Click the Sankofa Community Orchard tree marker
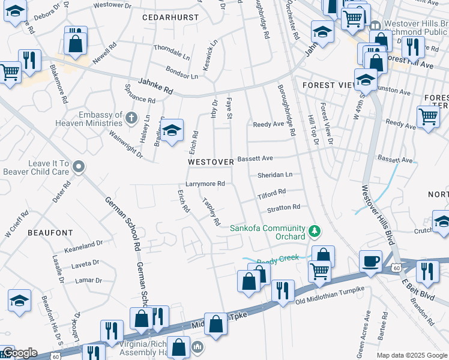pyautogui.click(x=313, y=231)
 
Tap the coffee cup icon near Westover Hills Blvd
pyautogui.click(x=370, y=261)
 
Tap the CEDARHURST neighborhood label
pyautogui.click(x=170, y=17)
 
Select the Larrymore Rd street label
pyautogui.click(x=205, y=184)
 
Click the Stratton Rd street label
pyautogui.click(x=283, y=208)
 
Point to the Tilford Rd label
pyautogui.click(x=271, y=193)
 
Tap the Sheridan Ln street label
pyautogui.click(x=274, y=175)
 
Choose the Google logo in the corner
pyautogui.click(x=19, y=353)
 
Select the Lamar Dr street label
pyautogui.click(x=89, y=280)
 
